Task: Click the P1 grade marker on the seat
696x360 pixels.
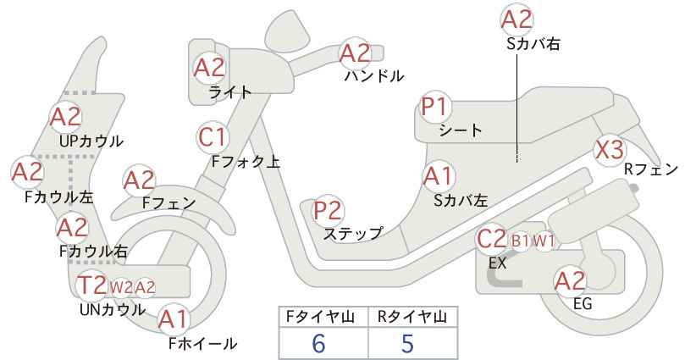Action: point(435,108)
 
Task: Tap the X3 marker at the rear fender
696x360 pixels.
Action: point(610,150)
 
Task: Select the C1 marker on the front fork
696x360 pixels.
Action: point(213,137)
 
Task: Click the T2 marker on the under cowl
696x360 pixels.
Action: point(92,285)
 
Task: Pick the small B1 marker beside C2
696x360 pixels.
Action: point(520,241)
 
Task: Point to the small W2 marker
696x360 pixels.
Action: point(121,287)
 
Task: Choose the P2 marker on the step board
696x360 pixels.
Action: point(329,210)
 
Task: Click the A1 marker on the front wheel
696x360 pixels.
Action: point(174,319)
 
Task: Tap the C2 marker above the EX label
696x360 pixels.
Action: point(491,239)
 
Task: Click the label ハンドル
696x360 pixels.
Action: point(374,76)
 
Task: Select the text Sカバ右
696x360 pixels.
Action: point(533,43)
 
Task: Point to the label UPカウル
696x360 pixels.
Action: point(91,141)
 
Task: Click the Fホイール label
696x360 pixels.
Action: point(203,343)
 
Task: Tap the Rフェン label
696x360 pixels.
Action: point(651,169)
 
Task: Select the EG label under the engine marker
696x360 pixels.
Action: point(583,303)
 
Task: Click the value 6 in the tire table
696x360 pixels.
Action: point(318,343)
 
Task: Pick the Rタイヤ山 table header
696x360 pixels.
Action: point(412,317)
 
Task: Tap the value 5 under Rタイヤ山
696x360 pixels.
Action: point(407,343)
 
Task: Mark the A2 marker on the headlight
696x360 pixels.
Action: point(209,68)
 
